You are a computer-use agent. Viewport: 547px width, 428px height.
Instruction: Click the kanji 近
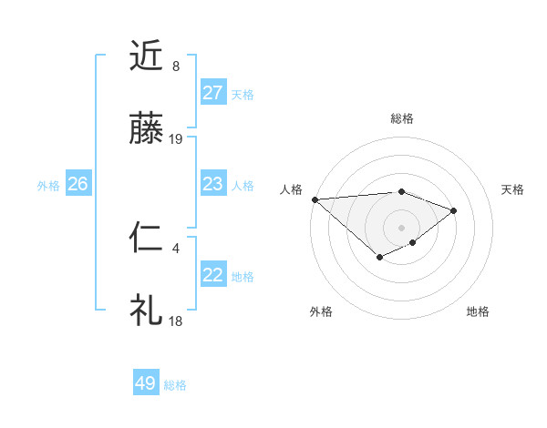tap(147, 56)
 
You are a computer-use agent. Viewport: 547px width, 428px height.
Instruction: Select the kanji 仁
tap(147, 239)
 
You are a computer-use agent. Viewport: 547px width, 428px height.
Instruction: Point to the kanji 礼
tap(147, 311)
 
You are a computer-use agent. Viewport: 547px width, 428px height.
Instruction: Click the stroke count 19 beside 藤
tap(176, 139)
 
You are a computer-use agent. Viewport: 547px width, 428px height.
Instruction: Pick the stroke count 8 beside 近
tap(176, 66)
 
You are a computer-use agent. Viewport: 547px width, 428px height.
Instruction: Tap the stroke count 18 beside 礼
tap(176, 321)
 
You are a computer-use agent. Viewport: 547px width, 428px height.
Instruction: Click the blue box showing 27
tap(213, 93)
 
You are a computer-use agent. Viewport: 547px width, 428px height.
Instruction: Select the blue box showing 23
tap(213, 184)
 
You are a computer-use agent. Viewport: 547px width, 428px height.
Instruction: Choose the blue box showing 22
tap(213, 275)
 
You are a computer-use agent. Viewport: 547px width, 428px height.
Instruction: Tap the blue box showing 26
tap(77, 184)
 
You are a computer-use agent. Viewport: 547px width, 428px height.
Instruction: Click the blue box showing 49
tap(146, 383)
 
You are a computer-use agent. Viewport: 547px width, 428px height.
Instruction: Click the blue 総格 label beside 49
tap(175, 385)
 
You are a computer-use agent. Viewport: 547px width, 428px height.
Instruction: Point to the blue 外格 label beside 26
tap(48, 186)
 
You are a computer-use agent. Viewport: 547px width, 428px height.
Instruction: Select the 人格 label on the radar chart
tap(292, 189)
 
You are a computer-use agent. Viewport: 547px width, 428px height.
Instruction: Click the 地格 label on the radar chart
tap(478, 311)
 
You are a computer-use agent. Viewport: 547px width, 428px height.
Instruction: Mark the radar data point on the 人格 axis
tap(315, 199)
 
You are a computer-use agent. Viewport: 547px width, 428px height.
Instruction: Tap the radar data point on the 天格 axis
tap(454, 210)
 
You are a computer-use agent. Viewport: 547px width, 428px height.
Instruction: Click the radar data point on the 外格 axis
tap(379, 260)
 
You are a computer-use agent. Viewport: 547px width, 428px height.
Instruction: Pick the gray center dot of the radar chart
tap(401, 227)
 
